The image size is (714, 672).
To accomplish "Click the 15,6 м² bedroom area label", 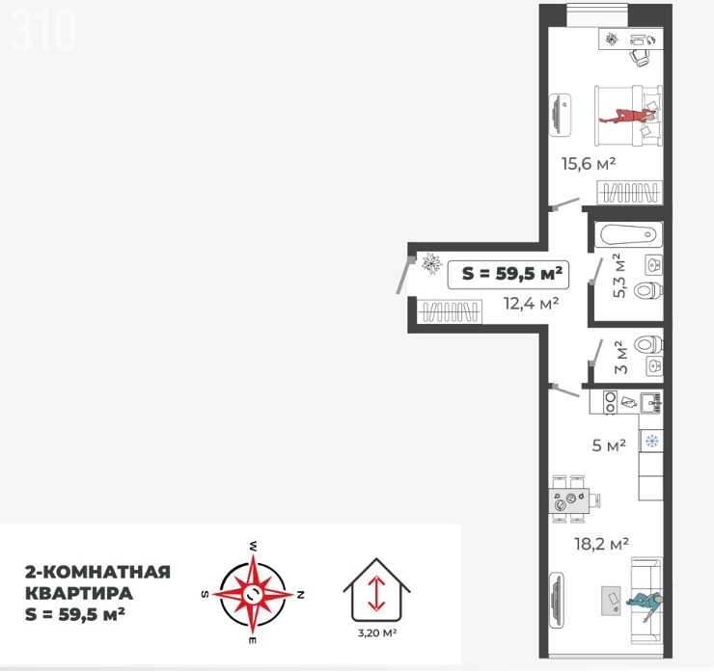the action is tap(589, 163).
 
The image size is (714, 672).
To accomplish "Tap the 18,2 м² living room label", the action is tap(601, 543).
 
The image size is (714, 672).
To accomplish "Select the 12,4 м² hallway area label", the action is tap(531, 303).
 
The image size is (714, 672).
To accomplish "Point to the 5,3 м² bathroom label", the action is tap(619, 276).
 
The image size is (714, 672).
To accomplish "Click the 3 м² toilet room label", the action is tap(620, 357).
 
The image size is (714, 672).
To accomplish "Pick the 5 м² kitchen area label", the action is tap(609, 445).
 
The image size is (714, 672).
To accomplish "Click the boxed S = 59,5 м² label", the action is tap(508, 275).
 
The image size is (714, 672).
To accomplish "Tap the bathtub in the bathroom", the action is tap(628, 235).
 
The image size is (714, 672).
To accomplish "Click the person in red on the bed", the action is tap(628, 117).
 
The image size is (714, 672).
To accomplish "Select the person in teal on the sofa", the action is tap(644, 605).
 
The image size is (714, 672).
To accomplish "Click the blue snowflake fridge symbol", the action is tap(651, 441).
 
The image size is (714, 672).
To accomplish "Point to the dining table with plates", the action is tap(568, 499).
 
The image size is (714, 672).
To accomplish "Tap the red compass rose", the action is tap(253, 594).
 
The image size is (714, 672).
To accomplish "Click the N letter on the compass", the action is tap(300, 594).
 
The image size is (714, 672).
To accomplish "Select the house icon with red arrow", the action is tap(376, 590).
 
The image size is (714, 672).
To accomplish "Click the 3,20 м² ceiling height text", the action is tap(376, 632).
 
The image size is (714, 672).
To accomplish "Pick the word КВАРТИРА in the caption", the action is tap(79, 593).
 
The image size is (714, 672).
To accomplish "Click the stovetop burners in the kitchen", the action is tap(610, 402).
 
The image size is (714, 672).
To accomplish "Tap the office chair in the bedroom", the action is tap(640, 57).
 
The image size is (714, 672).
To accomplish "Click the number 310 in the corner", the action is tap(43, 30).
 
